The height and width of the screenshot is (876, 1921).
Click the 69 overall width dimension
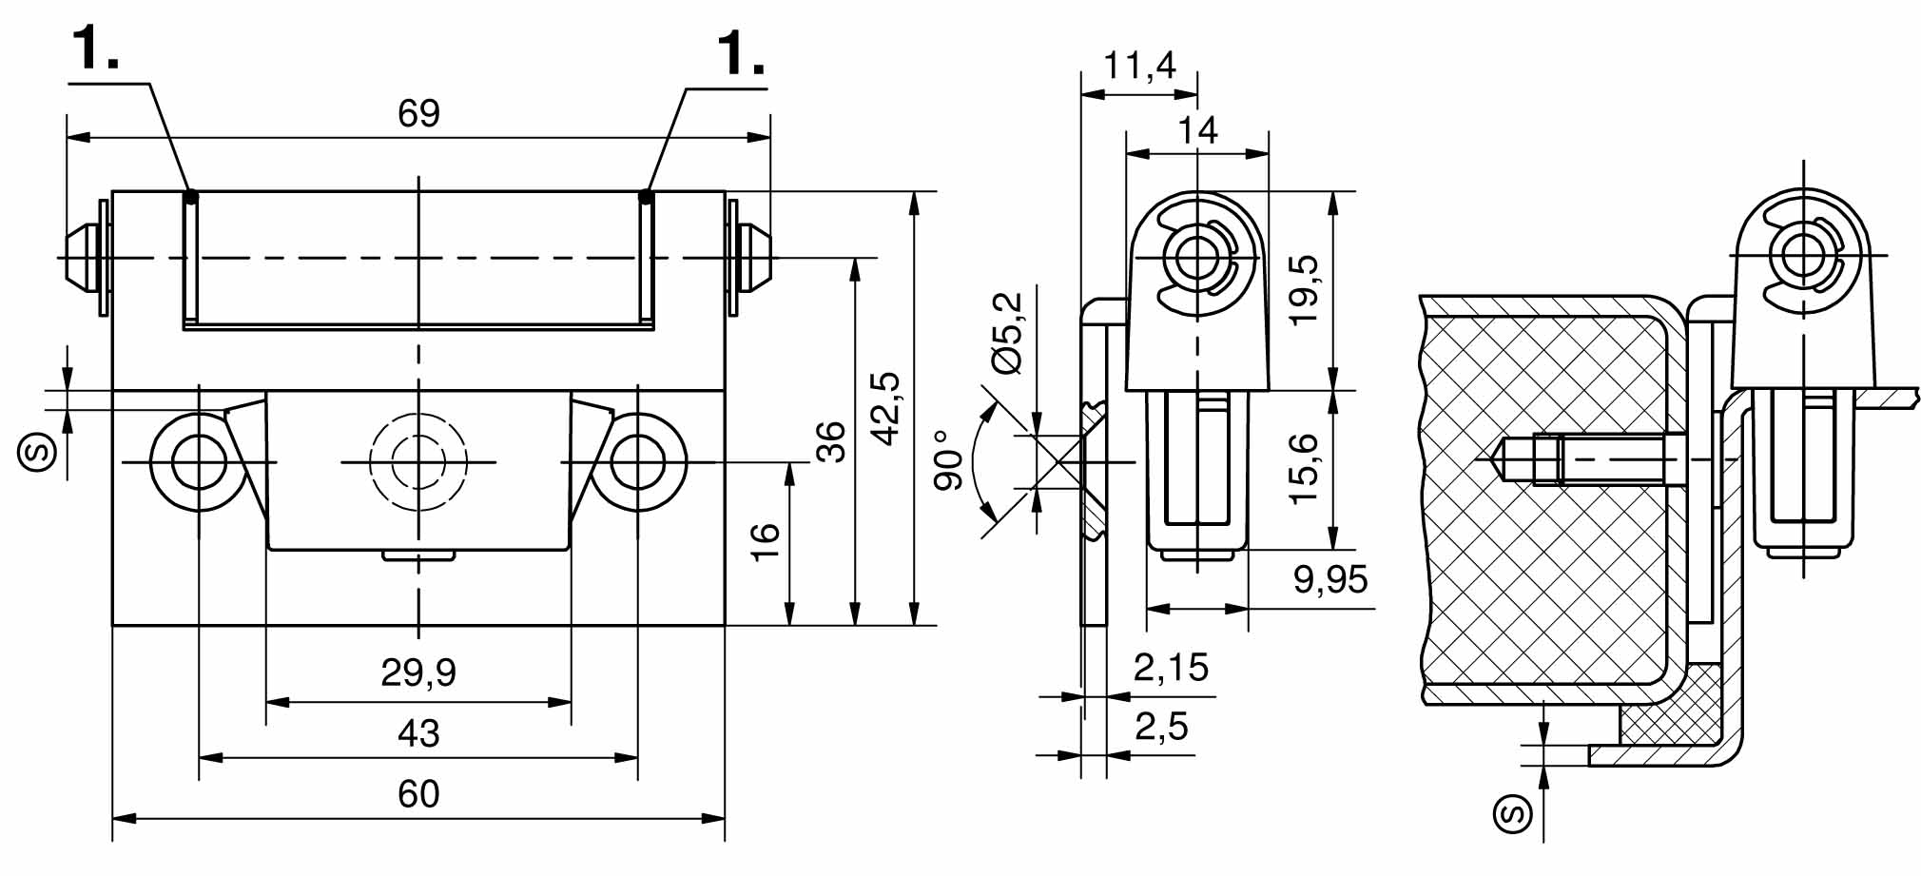tap(418, 114)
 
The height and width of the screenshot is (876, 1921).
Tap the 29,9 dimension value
tap(418, 672)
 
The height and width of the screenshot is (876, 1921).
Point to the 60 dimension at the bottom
tap(418, 794)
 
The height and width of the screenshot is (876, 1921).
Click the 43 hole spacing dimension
tap(418, 733)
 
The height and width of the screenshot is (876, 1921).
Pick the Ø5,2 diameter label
tap(1007, 333)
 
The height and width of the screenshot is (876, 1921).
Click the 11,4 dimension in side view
tap(1139, 66)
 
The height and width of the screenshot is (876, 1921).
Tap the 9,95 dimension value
tap(1330, 579)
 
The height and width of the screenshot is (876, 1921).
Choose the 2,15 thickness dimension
tap(1171, 668)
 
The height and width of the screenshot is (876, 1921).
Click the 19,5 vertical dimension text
tap(1305, 290)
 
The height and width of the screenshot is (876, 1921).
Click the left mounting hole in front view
tap(199, 462)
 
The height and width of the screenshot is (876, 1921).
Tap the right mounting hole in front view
tap(637, 462)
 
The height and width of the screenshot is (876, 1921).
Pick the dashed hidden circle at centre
tap(418, 462)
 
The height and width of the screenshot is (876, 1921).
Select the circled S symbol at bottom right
tap(1513, 814)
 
